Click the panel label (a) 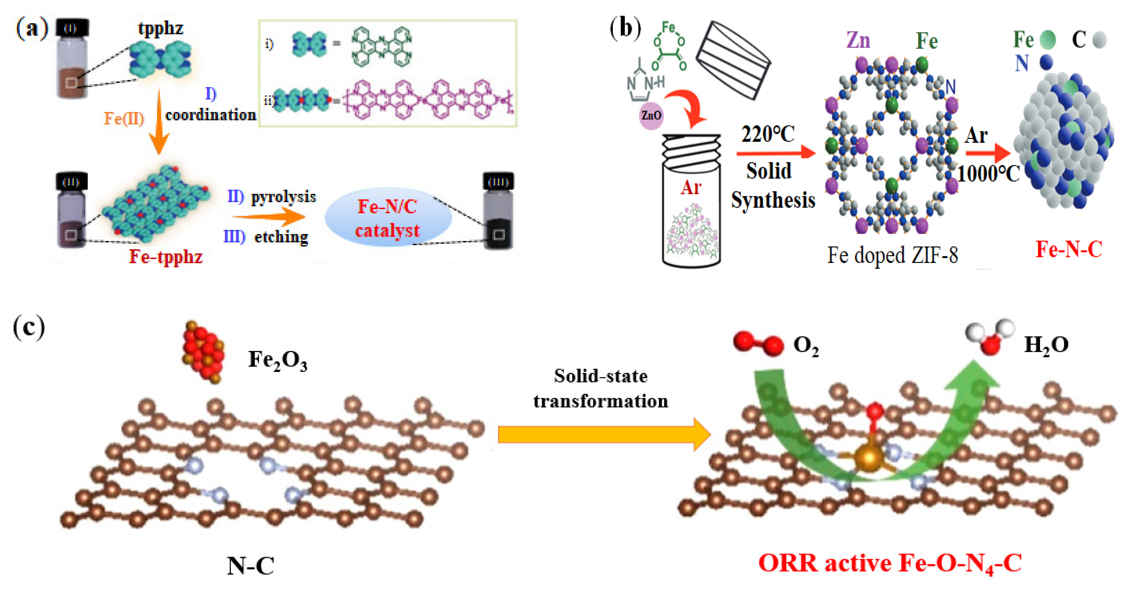(x=32, y=29)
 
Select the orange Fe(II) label (x=124, y=118)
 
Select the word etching (x=281, y=237)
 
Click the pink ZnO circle (x=651, y=115)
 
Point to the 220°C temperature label (x=768, y=134)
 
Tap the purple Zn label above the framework (x=858, y=41)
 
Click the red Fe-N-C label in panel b (x=1069, y=249)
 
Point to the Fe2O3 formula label (x=277, y=360)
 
